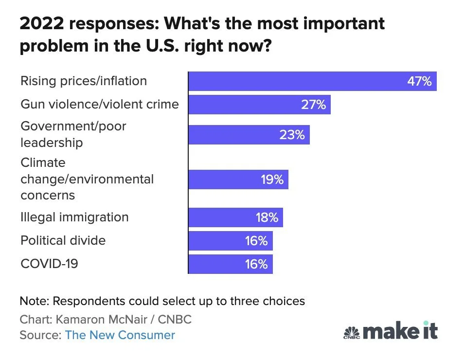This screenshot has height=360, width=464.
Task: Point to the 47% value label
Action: point(419,81)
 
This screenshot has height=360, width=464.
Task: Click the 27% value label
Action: point(313,105)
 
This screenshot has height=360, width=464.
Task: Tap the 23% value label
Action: point(292,135)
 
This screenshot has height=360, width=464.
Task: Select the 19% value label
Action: point(272,180)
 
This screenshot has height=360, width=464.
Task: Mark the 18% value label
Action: point(267,217)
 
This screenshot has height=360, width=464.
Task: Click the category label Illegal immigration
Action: point(74,217)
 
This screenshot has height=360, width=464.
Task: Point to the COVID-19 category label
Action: point(49,264)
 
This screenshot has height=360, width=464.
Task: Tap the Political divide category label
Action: point(63,240)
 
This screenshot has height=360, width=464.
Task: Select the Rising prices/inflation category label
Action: point(84,81)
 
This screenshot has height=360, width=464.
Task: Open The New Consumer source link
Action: point(120,335)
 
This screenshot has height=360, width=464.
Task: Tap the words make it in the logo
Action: point(400,331)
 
